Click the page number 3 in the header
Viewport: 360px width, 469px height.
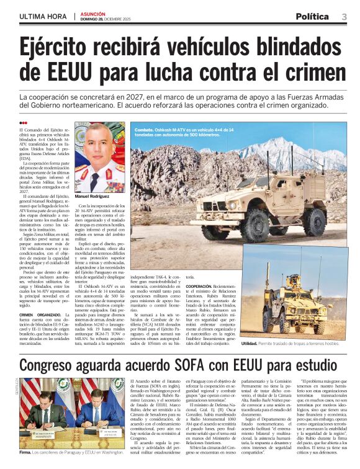tap(344, 16)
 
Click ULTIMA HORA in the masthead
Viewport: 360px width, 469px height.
tap(43, 16)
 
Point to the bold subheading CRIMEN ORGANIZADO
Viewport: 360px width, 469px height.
tap(36, 315)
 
